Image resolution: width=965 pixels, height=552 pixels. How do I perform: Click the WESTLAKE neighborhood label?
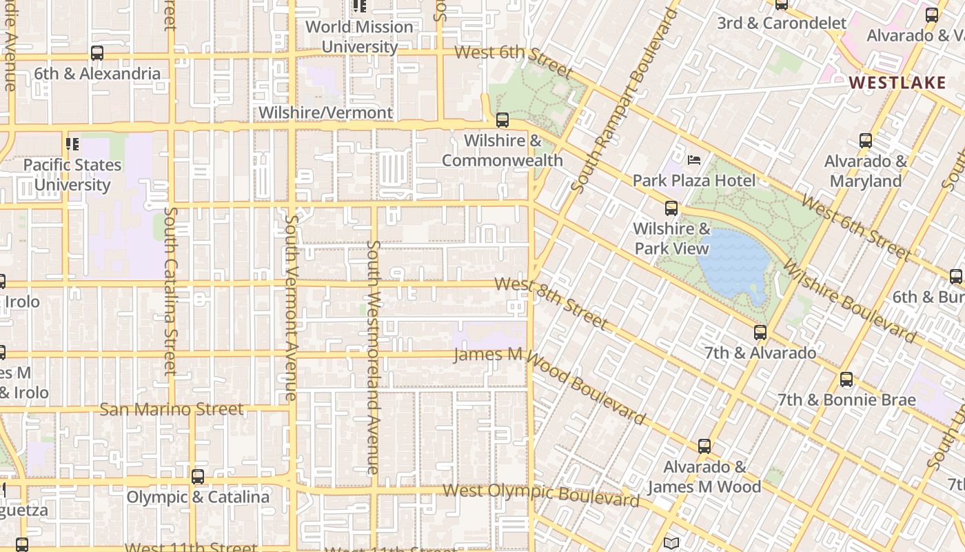[897, 83]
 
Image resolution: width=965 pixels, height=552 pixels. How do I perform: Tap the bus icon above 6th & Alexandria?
[97, 53]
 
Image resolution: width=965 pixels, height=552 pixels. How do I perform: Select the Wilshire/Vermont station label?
[325, 112]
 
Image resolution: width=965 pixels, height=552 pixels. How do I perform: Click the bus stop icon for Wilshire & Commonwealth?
[502, 120]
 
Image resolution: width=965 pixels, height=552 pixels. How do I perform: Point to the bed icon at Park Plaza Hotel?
[694, 160]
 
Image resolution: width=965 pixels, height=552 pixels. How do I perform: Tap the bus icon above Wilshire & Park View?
[671, 208]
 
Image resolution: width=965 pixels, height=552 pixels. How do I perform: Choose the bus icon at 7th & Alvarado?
[760, 333]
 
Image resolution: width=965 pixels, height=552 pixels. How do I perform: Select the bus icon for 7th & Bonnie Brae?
[846, 379]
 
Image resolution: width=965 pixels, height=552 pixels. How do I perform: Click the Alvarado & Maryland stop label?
[866, 171]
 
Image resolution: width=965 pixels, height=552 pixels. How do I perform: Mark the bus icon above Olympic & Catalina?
[198, 477]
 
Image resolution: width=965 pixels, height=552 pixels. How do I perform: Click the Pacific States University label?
[72, 175]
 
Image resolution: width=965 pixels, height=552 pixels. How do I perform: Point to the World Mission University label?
[359, 37]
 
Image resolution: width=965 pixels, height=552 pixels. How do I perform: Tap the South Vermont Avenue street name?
[291, 307]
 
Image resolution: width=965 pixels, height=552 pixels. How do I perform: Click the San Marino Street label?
[172, 409]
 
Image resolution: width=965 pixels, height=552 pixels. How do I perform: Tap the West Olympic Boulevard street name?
[541, 494]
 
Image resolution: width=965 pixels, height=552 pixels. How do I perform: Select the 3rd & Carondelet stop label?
[782, 23]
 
